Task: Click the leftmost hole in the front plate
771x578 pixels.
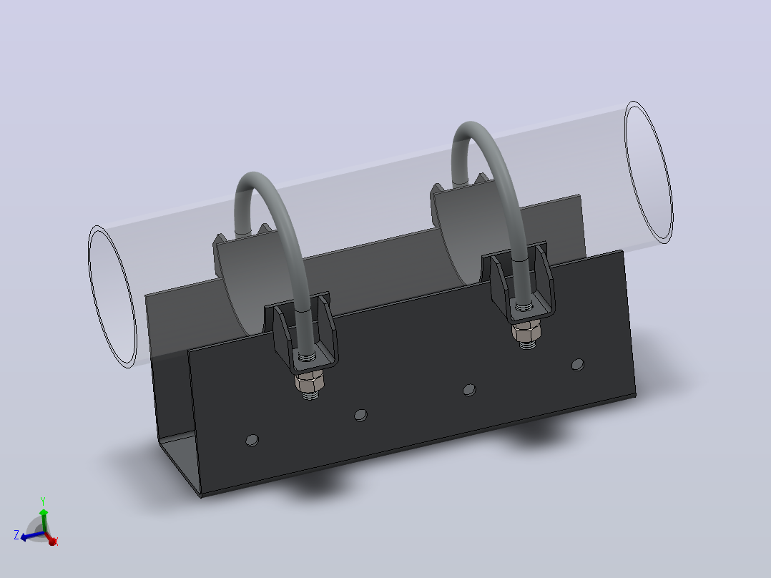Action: [252, 440]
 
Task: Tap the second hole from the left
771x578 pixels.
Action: [361, 415]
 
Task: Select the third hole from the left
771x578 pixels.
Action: [470, 390]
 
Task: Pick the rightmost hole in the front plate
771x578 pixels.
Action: [578, 365]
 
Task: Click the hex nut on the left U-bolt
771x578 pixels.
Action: [310, 381]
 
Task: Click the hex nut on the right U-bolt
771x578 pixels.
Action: [526, 333]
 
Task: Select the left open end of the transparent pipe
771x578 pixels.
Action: [112, 297]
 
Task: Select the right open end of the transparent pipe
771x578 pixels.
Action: [649, 172]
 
